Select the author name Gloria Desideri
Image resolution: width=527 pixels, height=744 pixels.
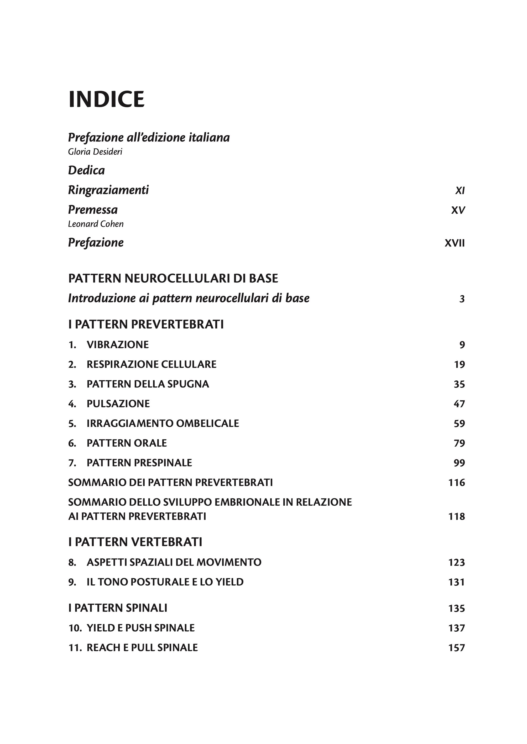pos(95,152)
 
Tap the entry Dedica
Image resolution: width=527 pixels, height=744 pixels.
pos(86,170)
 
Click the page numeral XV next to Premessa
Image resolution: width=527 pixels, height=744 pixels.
pos(458,211)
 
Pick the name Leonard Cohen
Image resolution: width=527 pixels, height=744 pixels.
pos(96,224)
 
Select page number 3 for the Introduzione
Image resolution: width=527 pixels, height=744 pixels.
pos(462,299)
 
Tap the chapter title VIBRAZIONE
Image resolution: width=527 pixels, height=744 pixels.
pos(117,345)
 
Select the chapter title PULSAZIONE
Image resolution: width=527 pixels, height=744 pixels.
pos(118,404)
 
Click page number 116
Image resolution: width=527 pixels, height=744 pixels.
pos(457,483)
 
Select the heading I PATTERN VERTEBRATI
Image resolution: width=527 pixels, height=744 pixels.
pos(135,542)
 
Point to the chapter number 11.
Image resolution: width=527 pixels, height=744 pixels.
pos(75,648)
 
